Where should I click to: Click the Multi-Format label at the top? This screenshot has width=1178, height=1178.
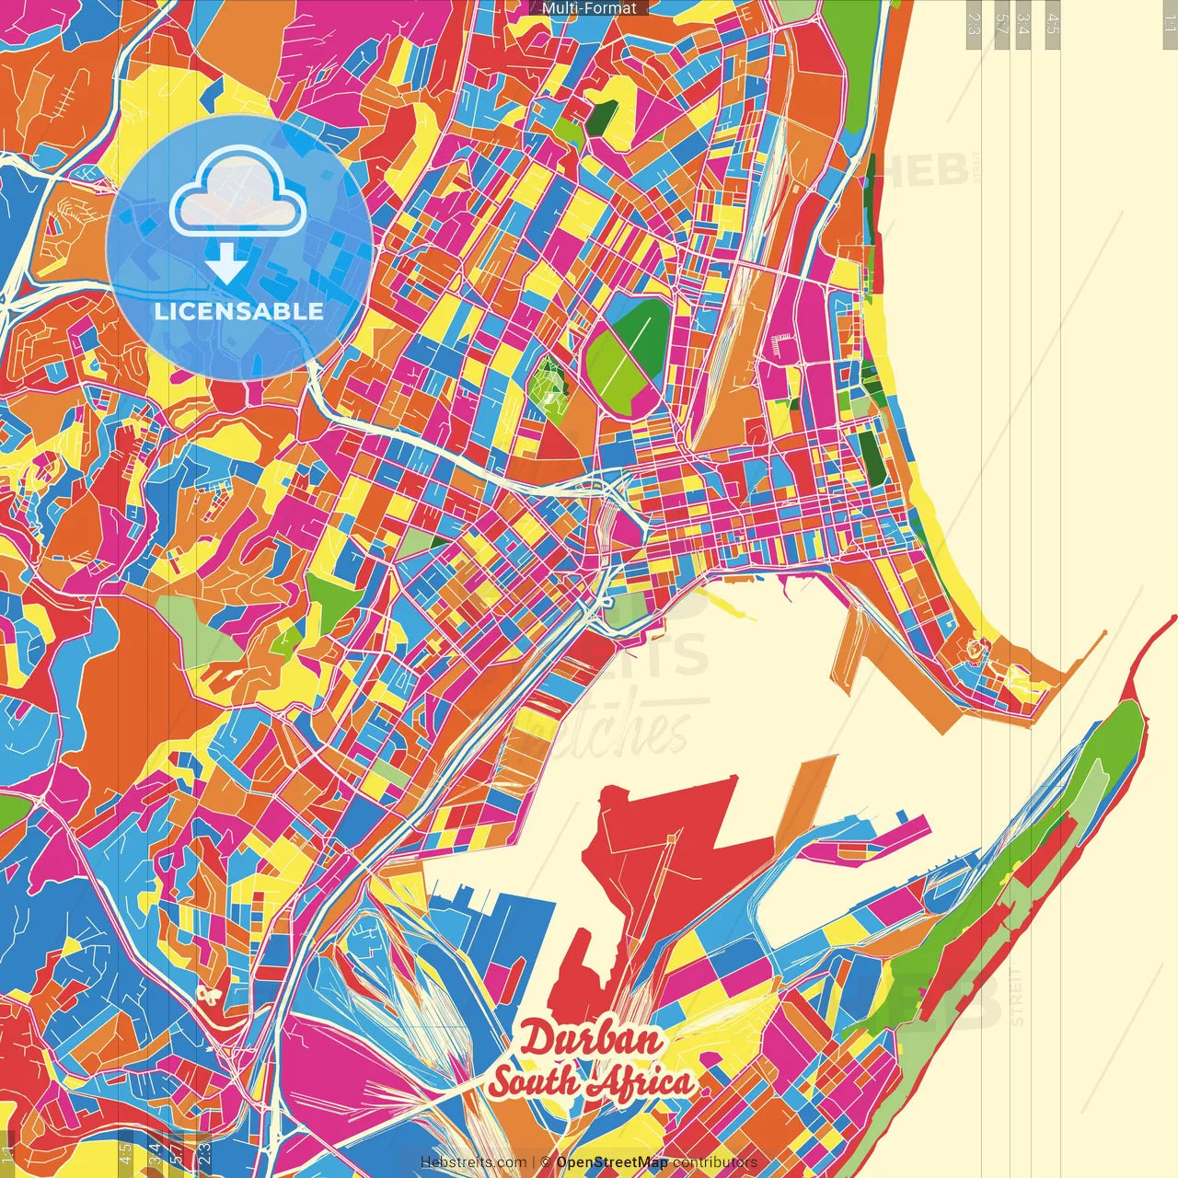coord(589,8)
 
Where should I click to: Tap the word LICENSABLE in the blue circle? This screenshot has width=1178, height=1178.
coord(238,311)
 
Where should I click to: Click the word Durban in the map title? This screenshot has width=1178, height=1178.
coord(590,1040)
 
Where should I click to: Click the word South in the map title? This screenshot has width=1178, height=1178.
coord(533,1082)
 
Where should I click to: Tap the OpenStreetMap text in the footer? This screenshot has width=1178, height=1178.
coord(612,1162)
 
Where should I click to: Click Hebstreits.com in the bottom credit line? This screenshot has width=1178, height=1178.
coord(473,1162)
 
